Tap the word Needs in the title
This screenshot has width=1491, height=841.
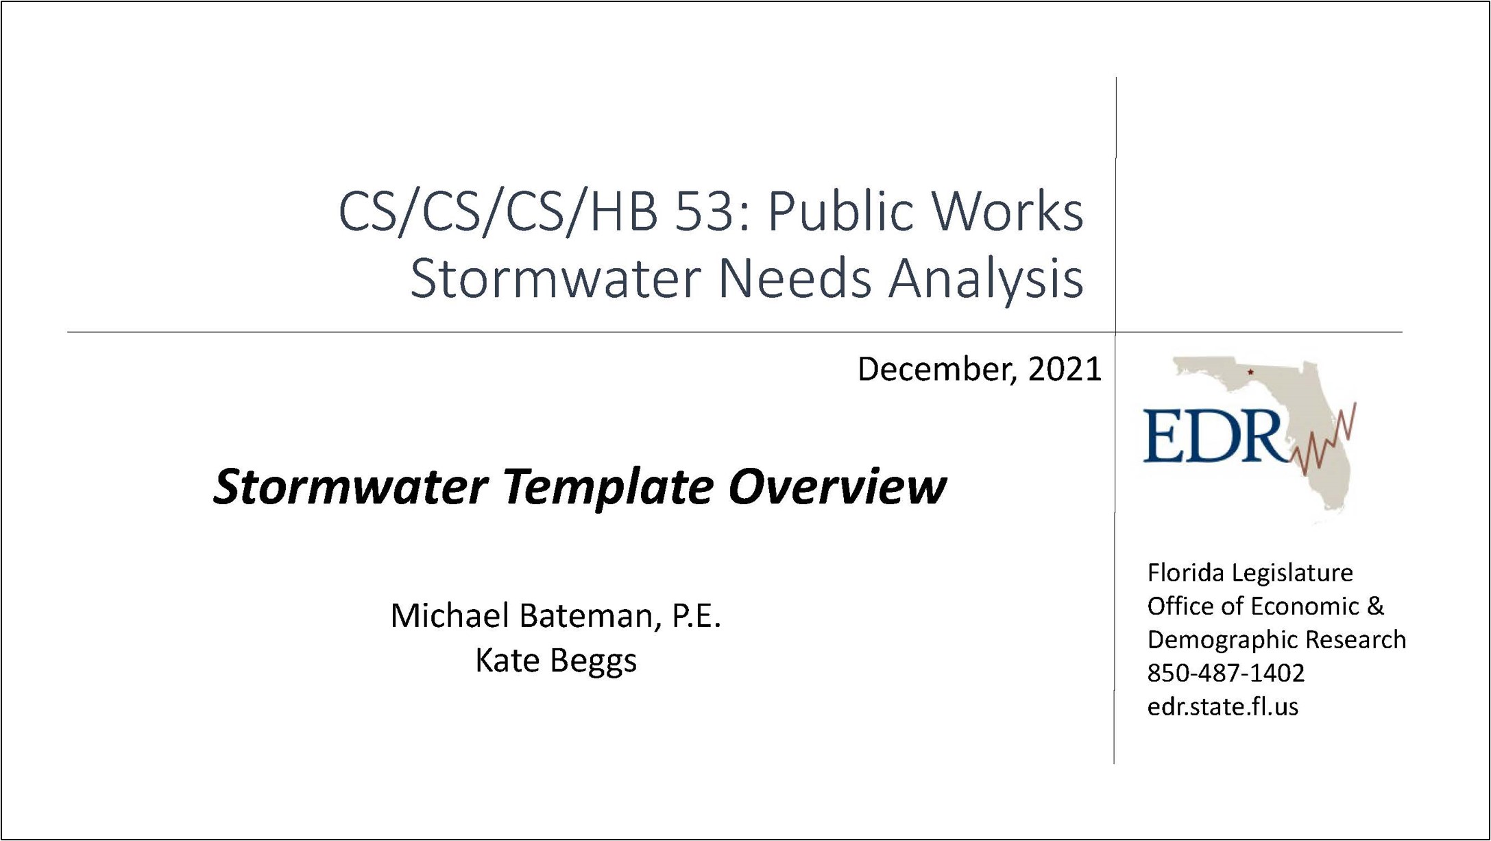click(795, 279)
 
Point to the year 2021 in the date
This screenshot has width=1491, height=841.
click(1065, 369)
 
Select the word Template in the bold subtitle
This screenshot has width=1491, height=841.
click(609, 488)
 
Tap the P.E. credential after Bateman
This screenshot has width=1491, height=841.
click(696, 616)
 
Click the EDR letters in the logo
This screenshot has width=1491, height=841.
click(1213, 436)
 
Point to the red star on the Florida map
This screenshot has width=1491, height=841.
click(1250, 372)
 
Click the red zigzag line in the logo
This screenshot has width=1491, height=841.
click(1323, 440)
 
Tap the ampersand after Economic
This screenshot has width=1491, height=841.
click(1375, 606)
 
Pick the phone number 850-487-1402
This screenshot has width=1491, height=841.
click(1226, 673)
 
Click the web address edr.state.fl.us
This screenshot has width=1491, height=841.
click(1223, 707)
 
